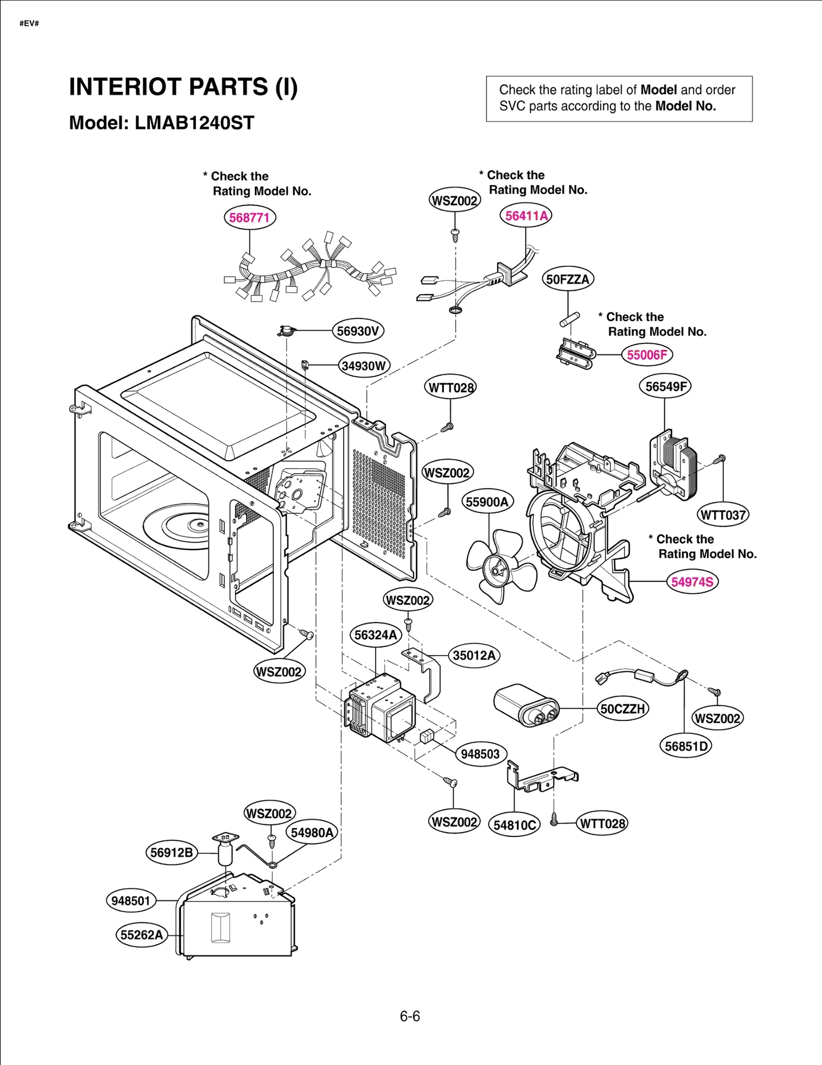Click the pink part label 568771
pyautogui.click(x=250, y=217)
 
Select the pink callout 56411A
pyautogui.click(x=526, y=216)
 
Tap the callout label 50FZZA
pyautogui.click(x=568, y=279)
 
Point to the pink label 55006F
pyautogui.click(x=647, y=355)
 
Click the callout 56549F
pyautogui.click(x=665, y=386)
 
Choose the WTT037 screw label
pyautogui.click(x=723, y=515)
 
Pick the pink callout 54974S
pyautogui.click(x=692, y=582)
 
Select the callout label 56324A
pyautogui.click(x=376, y=635)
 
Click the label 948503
pyautogui.click(x=480, y=754)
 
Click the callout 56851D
pyautogui.click(x=685, y=746)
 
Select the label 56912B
pyautogui.click(x=172, y=853)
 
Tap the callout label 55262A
pyautogui.click(x=141, y=935)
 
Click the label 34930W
pyautogui.click(x=364, y=366)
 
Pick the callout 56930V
pyautogui.click(x=358, y=331)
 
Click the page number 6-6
pyautogui.click(x=410, y=1016)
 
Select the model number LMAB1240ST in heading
pyautogui.click(x=194, y=123)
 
